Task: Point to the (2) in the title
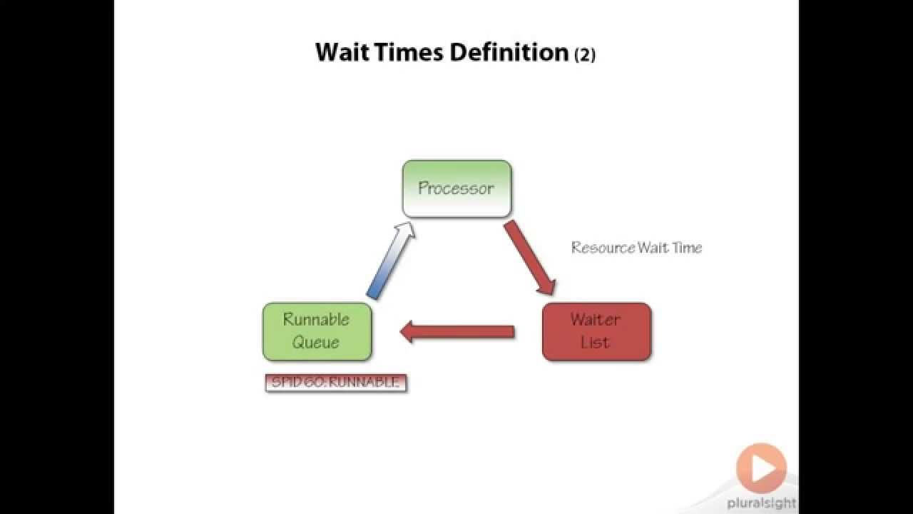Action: pyautogui.click(x=585, y=54)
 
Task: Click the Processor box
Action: pyautogui.click(x=456, y=188)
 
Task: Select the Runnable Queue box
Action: pyautogui.click(x=317, y=331)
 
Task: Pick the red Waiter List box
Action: pyautogui.click(x=596, y=331)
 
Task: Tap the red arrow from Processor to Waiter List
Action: pyautogui.click(x=530, y=257)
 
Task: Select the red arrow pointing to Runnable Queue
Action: pyautogui.click(x=457, y=331)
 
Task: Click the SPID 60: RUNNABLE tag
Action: pyautogui.click(x=335, y=383)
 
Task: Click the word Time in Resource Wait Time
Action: pyautogui.click(x=688, y=248)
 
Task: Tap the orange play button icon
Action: pyautogui.click(x=761, y=468)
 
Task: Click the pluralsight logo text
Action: pyautogui.click(x=761, y=503)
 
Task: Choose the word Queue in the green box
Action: pyautogui.click(x=316, y=342)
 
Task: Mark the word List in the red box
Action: pyautogui.click(x=595, y=342)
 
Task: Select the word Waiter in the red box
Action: pyautogui.click(x=596, y=320)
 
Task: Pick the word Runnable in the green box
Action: pyautogui.click(x=317, y=320)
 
